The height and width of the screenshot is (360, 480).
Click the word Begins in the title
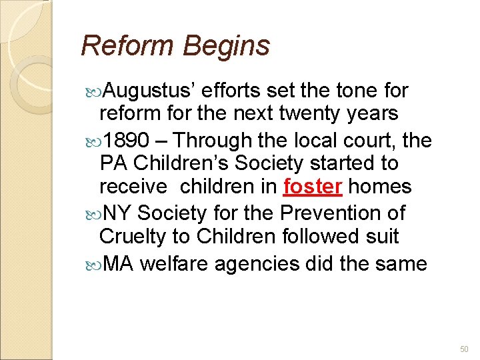226,46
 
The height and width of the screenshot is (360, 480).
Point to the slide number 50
464,349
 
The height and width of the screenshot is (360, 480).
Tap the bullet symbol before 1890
92,141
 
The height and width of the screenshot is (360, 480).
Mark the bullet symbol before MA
92,264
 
